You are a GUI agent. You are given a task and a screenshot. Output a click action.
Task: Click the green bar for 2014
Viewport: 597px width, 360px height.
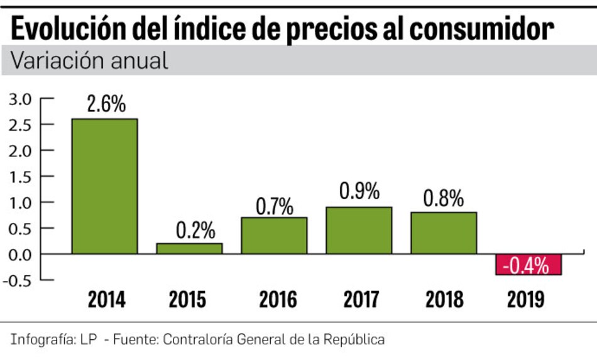point(105,186)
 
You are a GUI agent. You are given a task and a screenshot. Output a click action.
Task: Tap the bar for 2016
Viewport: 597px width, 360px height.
point(275,236)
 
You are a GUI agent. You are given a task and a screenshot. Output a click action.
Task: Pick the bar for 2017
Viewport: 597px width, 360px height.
point(359,231)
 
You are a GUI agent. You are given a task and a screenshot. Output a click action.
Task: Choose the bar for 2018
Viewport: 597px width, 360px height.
point(444,233)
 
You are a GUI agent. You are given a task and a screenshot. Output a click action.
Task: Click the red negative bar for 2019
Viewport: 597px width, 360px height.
point(529,265)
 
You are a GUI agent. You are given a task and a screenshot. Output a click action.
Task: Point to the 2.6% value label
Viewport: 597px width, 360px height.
point(106,104)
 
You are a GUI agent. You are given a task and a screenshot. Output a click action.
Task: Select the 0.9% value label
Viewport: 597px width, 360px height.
point(359,192)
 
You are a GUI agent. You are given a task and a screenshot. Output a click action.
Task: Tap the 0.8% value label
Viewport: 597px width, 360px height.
point(444,199)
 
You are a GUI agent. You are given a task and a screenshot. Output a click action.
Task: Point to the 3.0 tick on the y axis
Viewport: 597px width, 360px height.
point(19,99)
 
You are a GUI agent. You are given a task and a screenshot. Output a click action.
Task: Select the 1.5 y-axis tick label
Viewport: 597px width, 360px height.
point(19,177)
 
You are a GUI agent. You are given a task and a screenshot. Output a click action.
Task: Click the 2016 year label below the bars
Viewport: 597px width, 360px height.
point(277,300)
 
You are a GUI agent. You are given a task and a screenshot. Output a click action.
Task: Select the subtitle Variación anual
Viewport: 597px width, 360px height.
point(89,60)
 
